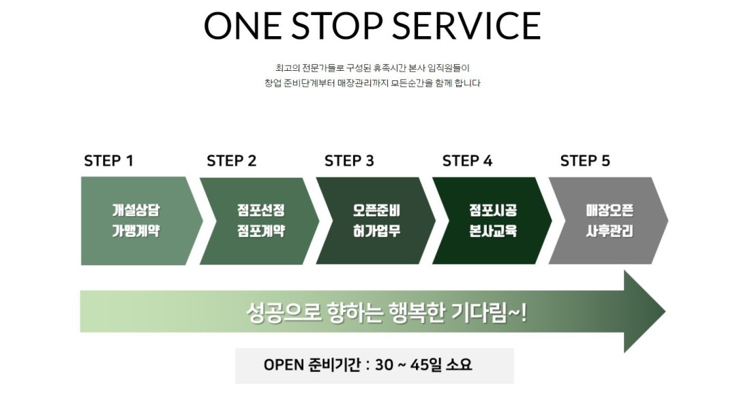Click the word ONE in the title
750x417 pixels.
[x=243, y=26]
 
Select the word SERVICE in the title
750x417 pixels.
[x=466, y=26]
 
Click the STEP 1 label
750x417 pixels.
[x=108, y=161]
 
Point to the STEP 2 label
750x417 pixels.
[x=232, y=161]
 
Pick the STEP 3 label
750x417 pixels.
[x=349, y=161]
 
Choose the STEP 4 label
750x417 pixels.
[x=467, y=161]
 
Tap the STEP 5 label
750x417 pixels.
[x=585, y=161]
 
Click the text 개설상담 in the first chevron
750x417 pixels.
[x=136, y=210]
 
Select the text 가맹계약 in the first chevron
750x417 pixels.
[x=136, y=231]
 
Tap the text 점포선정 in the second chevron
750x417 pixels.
[x=261, y=210]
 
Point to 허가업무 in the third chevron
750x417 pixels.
[x=376, y=231]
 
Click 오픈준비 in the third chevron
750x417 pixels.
[x=376, y=210]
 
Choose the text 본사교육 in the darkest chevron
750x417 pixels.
[x=493, y=231]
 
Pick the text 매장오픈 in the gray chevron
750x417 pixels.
[x=610, y=210]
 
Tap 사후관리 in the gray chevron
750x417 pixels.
[x=610, y=231]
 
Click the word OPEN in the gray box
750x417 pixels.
[x=284, y=365]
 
